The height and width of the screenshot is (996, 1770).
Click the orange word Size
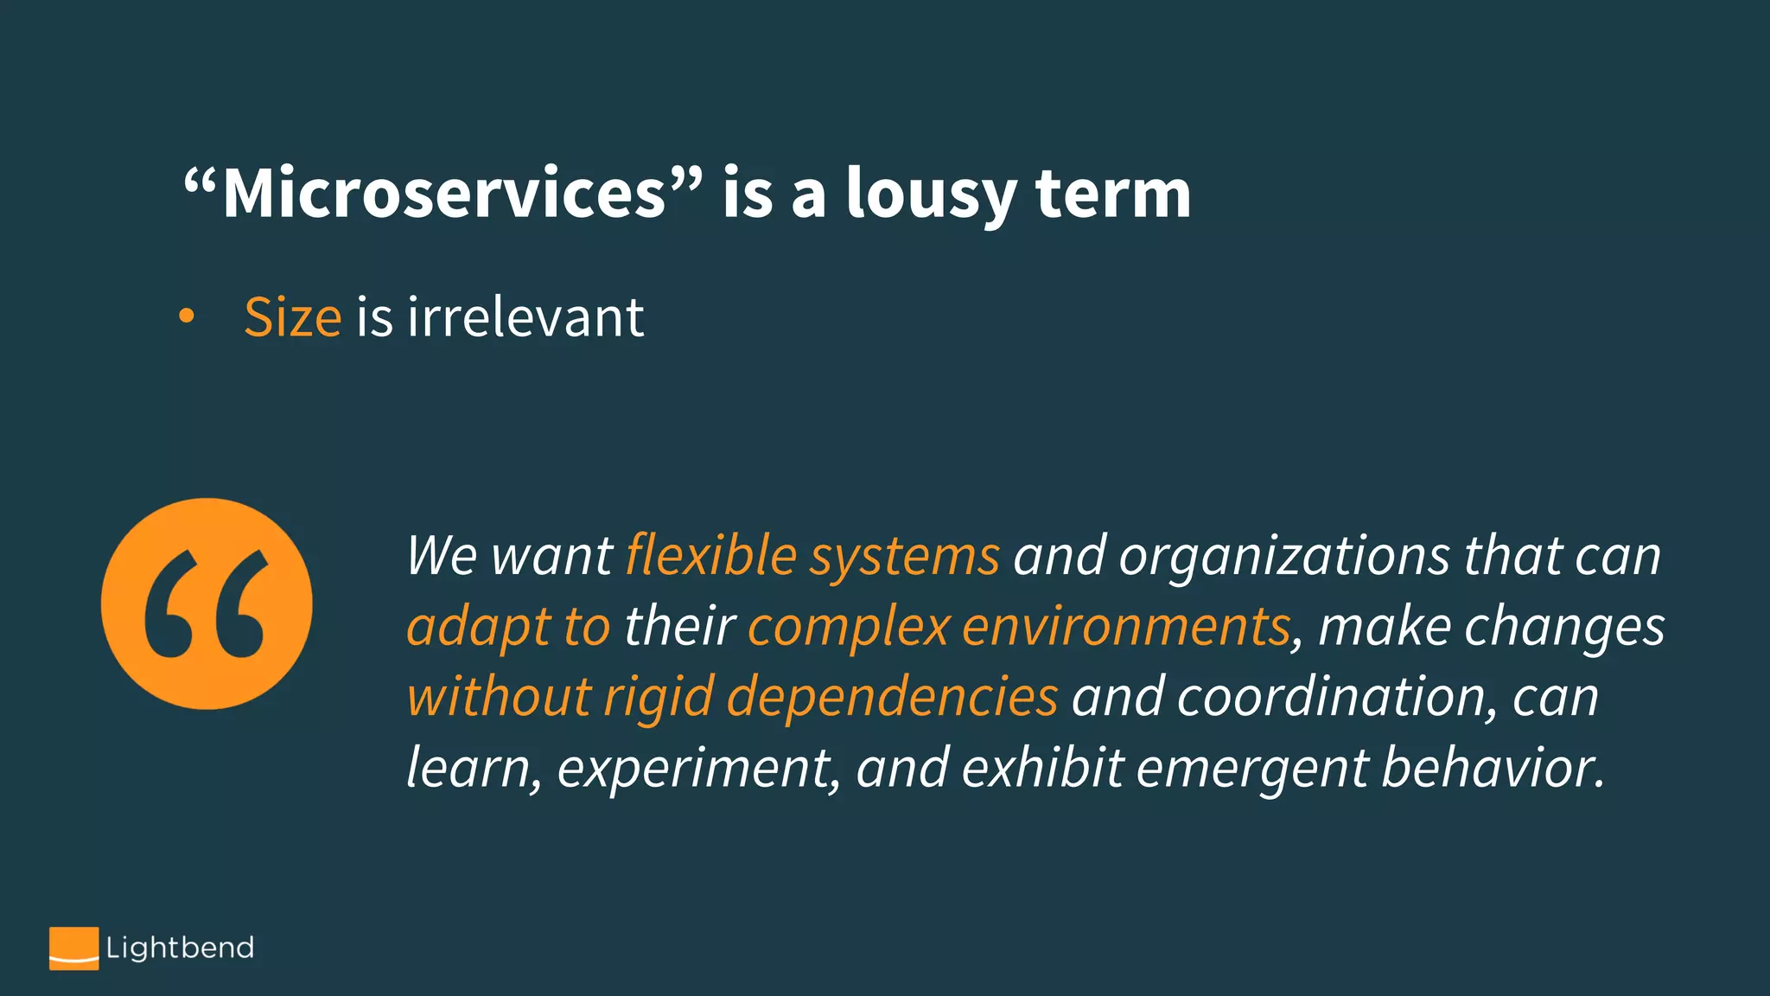coord(292,317)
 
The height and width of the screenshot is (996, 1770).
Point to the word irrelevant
coord(525,317)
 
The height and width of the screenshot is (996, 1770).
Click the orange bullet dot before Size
coord(186,316)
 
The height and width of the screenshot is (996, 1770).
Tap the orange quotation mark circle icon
coord(207,603)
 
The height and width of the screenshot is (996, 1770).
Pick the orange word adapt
coord(477,627)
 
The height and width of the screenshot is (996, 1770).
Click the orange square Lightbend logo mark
coord(73,948)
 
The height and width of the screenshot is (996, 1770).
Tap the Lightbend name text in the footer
coord(180,948)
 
